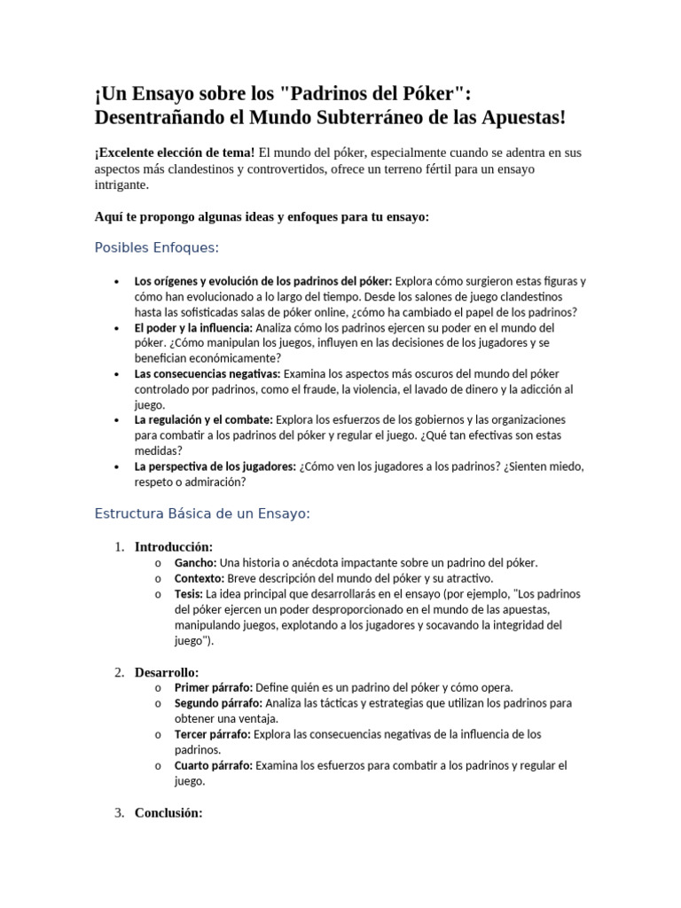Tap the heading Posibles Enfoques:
[x=156, y=247]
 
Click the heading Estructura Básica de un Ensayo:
[x=201, y=513]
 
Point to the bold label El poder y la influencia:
[x=192, y=327]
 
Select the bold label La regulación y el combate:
[x=203, y=419]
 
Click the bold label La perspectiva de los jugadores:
[x=215, y=466]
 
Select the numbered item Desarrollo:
[x=166, y=671]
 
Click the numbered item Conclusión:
[x=168, y=812]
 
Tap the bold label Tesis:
[x=189, y=594]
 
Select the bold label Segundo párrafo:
[x=217, y=703]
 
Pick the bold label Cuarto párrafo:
[x=213, y=765]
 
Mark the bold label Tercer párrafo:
[x=213, y=734]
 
